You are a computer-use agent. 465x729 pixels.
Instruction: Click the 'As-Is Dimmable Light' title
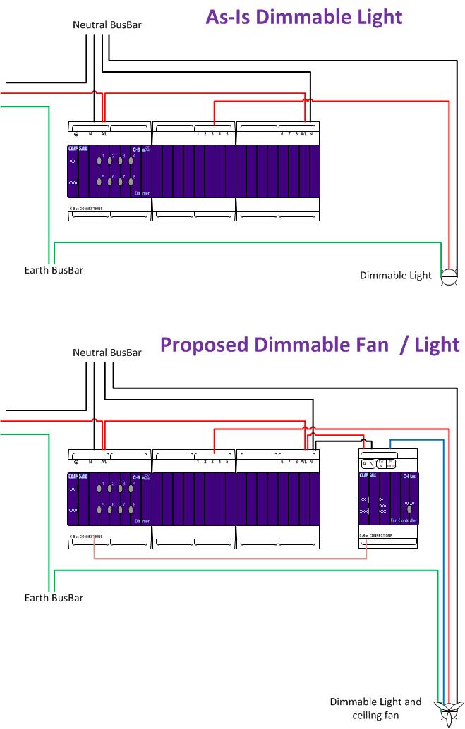click(304, 17)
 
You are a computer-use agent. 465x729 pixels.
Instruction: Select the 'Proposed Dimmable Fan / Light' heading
click(309, 345)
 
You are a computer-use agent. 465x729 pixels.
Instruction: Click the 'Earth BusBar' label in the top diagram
click(54, 270)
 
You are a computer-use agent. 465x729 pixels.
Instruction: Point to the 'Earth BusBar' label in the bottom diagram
click(54, 598)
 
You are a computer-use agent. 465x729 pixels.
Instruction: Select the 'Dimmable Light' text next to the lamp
click(395, 276)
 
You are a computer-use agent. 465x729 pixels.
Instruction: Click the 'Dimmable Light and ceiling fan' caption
click(376, 709)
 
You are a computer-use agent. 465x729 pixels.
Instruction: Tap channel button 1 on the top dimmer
click(100, 161)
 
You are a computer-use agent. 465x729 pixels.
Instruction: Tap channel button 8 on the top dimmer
click(131, 183)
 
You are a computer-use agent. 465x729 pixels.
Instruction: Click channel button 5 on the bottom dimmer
click(100, 510)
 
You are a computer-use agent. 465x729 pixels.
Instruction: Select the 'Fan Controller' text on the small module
click(404, 520)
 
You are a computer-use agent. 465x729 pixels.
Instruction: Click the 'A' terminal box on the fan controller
click(365, 463)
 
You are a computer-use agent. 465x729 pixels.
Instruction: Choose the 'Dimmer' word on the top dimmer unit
click(142, 192)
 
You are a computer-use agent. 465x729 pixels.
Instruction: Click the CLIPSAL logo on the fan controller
click(368, 476)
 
